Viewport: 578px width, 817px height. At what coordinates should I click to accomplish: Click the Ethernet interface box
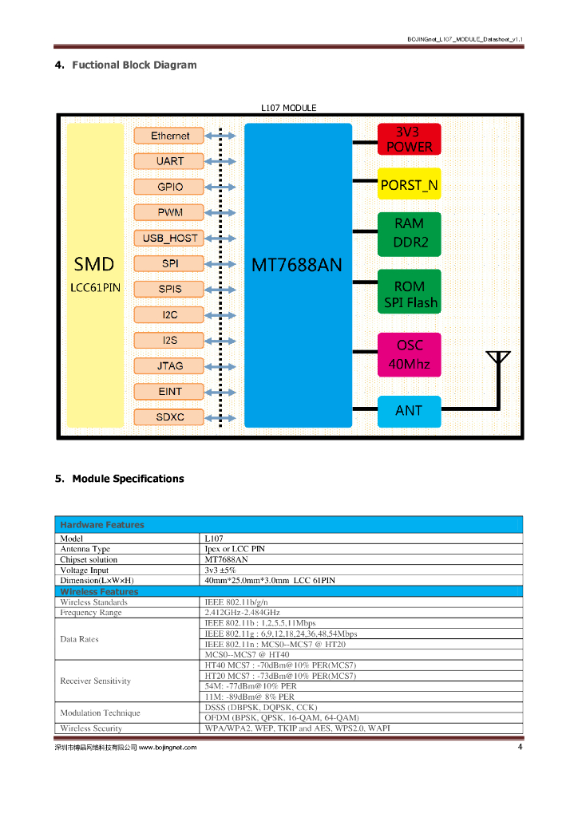pyautogui.click(x=169, y=136)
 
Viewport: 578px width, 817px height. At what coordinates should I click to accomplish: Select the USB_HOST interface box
pyautogui.click(x=169, y=238)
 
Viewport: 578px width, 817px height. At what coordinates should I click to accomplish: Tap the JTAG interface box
pyautogui.click(x=169, y=365)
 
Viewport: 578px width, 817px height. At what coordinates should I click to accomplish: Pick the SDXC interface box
pyautogui.click(x=169, y=416)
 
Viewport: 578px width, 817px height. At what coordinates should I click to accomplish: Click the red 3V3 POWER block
pyautogui.click(x=409, y=140)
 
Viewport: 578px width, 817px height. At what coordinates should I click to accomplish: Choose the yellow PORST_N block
pyautogui.click(x=409, y=184)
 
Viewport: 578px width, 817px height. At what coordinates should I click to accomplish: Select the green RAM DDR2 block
pyautogui.click(x=409, y=233)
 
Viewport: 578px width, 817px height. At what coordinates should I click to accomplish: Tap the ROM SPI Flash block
pyautogui.click(x=409, y=294)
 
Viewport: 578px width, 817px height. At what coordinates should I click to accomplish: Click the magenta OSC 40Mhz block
pyautogui.click(x=409, y=355)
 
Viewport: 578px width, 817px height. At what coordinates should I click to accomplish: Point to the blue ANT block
pyautogui.click(x=409, y=411)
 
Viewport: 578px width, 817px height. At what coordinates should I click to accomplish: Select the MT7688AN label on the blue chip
pyautogui.click(x=297, y=264)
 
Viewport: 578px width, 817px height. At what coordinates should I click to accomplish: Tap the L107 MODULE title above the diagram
pyautogui.click(x=288, y=108)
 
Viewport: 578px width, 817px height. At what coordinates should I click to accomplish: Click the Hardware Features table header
pyautogui.click(x=102, y=525)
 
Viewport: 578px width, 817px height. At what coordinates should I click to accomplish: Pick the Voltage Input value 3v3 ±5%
pyautogui.click(x=221, y=570)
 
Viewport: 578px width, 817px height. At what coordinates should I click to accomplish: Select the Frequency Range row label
pyautogui.click(x=91, y=613)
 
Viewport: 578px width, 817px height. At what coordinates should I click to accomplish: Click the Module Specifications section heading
pyautogui.click(x=128, y=479)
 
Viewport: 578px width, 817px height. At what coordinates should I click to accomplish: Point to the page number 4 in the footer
pyautogui.click(x=520, y=747)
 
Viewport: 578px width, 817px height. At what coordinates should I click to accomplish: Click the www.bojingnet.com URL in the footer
pyautogui.click(x=168, y=748)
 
